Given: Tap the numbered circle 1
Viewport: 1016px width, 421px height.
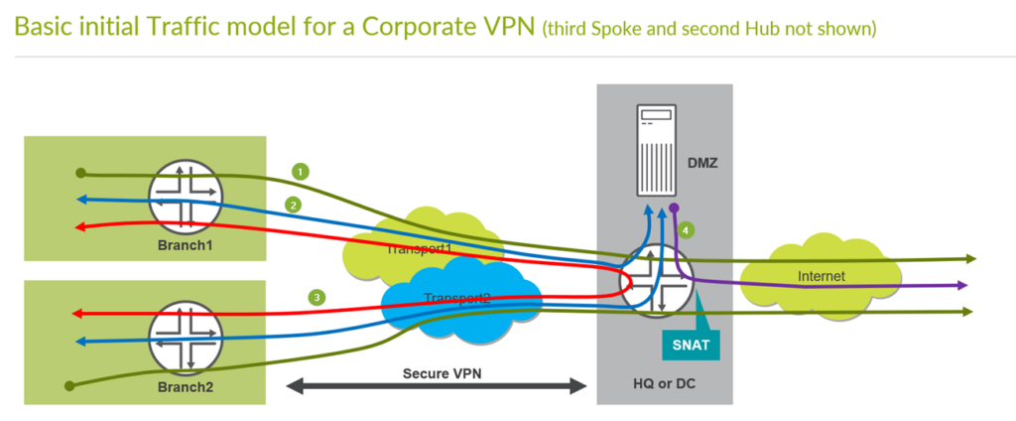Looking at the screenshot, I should (x=299, y=171).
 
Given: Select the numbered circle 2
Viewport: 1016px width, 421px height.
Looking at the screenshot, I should (x=293, y=205).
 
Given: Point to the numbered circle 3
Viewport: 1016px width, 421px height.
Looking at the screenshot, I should (x=317, y=296).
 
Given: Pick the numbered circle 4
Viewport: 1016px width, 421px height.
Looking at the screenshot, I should (x=687, y=230).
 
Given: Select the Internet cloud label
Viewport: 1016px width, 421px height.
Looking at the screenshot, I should (x=821, y=276).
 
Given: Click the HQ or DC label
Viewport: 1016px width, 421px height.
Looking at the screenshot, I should (x=664, y=384).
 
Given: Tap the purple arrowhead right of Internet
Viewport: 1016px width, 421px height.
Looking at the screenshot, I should (x=963, y=285).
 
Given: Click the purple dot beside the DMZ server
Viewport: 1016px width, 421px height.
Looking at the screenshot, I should (x=674, y=209).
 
